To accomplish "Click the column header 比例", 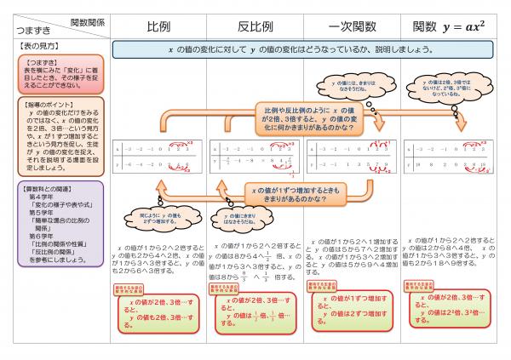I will point(159,26).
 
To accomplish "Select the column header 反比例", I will point(255,26).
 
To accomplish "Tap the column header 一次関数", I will point(352,26).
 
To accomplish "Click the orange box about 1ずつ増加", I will point(295,192).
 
